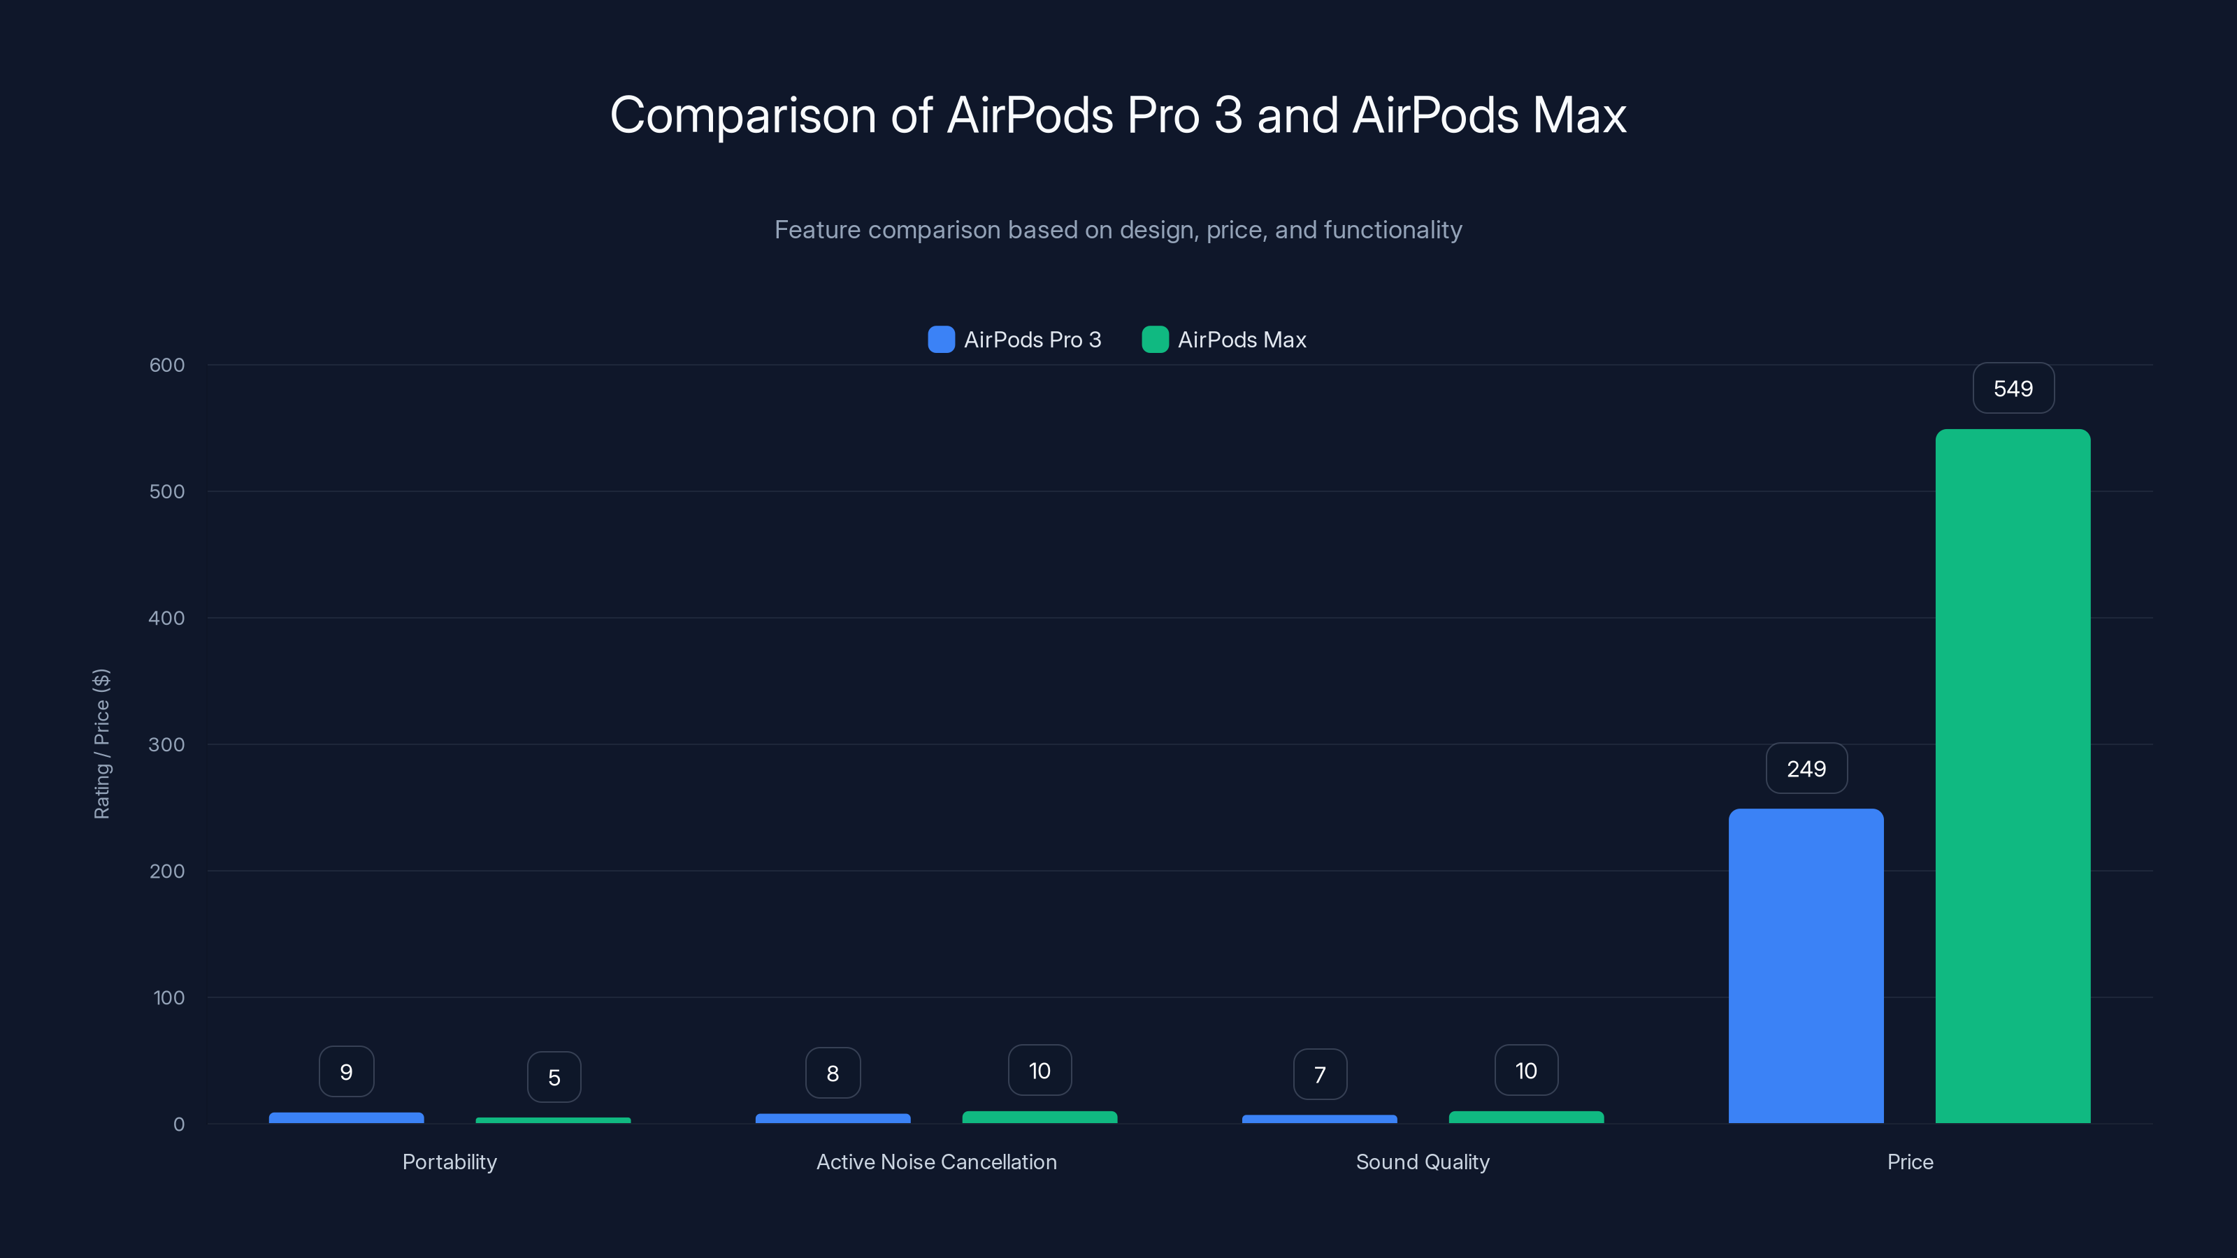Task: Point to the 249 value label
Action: click(1806, 768)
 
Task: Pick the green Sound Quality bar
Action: click(1526, 1117)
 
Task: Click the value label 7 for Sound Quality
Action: click(1319, 1075)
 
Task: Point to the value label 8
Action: click(833, 1073)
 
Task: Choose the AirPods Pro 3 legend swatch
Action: click(940, 340)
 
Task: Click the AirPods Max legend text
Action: click(1242, 340)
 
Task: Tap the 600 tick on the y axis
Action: click(167, 365)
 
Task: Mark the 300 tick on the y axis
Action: click(167, 744)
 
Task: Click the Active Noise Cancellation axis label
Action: click(936, 1162)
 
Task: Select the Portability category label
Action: click(449, 1162)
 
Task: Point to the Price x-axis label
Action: click(1910, 1162)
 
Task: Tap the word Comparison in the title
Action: click(743, 115)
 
